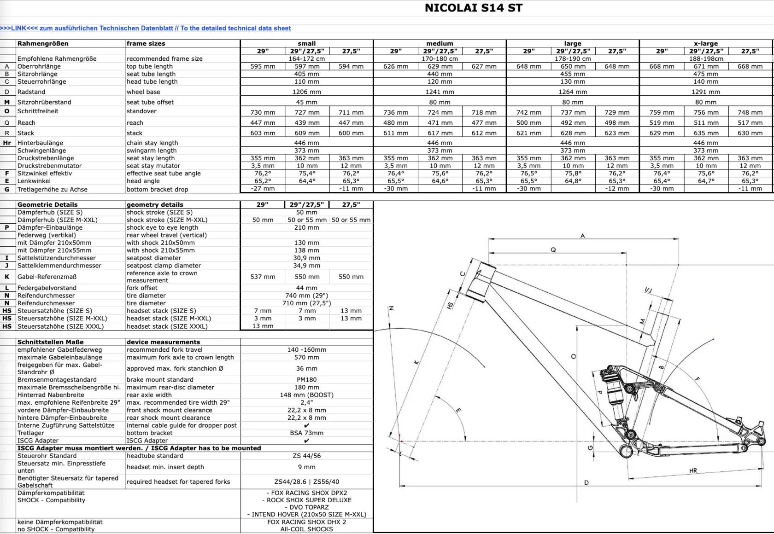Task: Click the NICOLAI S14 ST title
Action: coord(473,8)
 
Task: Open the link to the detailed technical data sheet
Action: coord(146,28)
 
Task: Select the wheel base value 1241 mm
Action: coord(440,92)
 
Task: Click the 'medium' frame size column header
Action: coord(440,43)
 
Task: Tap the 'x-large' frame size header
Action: coord(706,43)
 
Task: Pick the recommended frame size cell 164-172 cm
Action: coord(306,58)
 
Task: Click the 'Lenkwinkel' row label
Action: coord(34,181)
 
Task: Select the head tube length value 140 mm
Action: coord(706,81)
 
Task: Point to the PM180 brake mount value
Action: coord(306,380)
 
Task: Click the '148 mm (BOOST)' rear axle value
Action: coord(306,395)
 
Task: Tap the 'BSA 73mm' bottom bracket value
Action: coord(306,433)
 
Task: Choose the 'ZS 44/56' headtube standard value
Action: coord(306,456)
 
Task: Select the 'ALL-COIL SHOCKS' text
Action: coord(306,529)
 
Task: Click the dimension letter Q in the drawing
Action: coord(553,250)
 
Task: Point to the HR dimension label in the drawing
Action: coord(693,470)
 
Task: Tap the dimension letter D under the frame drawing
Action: coord(586,482)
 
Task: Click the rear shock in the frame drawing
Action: coord(614,391)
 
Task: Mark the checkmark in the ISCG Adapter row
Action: coord(306,441)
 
